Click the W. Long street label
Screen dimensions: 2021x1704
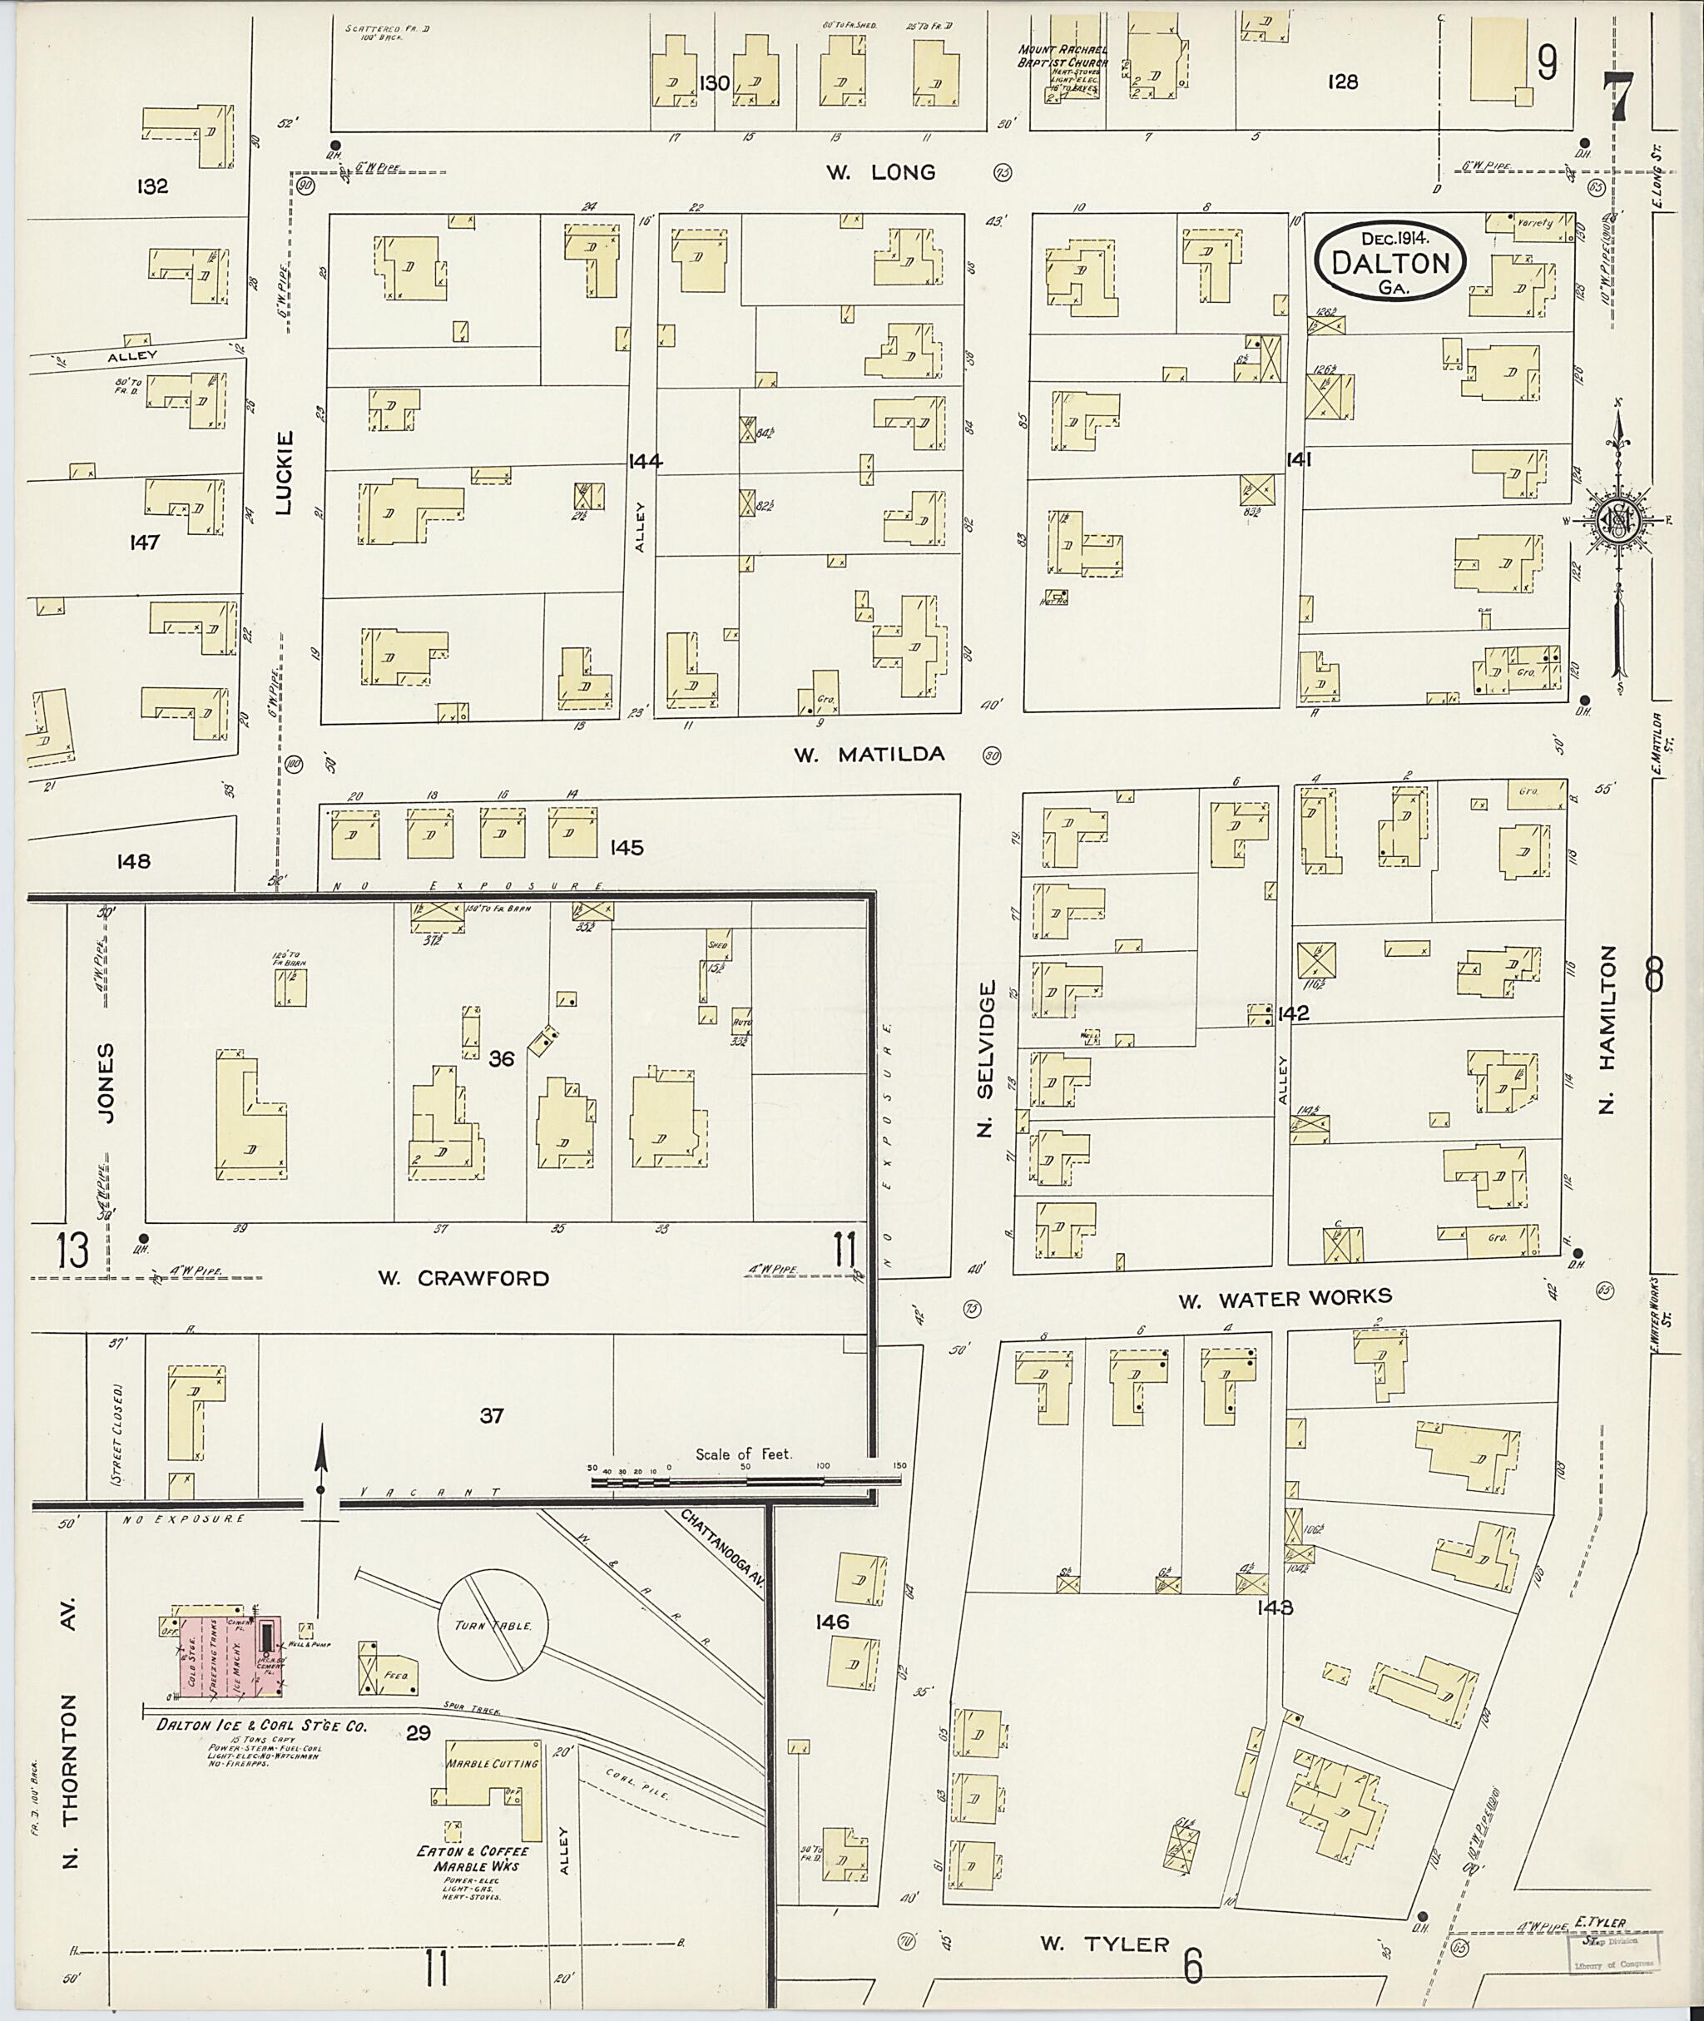click(x=880, y=173)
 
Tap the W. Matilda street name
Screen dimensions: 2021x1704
click(x=869, y=755)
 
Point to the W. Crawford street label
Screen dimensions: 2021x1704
click(x=463, y=1278)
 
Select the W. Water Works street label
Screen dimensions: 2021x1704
click(x=1285, y=1300)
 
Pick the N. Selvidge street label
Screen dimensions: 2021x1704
click(x=986, y=1059)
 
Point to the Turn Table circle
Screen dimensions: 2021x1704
click(x=493, y=1626)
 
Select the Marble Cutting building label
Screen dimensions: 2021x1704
click(x=491, y=1763)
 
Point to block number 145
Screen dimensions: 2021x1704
click(x=626, y=848)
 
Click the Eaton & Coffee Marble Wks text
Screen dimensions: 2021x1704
click(x=473, y=1858)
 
